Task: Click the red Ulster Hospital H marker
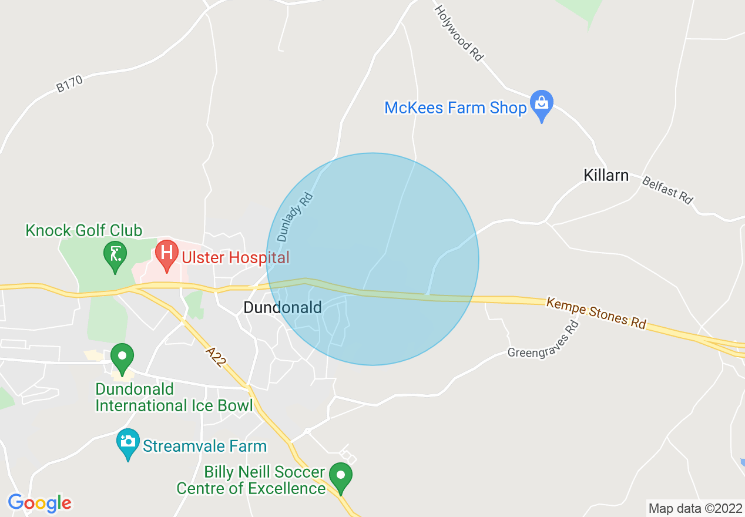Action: coord(167,254)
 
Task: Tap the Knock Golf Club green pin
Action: coord(115,255)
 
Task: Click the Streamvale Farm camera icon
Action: coord(128,442)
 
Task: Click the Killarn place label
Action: coord(606,176)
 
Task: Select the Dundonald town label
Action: coord(283,307)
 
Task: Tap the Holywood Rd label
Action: coord(459,33)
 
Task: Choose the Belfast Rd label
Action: coord(667,190)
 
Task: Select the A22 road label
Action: coord(216,357)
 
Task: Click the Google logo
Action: coord(39,503)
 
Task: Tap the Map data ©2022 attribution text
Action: coord(694,508)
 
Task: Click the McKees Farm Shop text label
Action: coord(455,108)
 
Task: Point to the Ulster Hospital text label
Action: coord(236,257)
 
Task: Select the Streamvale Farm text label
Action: coord(205,446)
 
